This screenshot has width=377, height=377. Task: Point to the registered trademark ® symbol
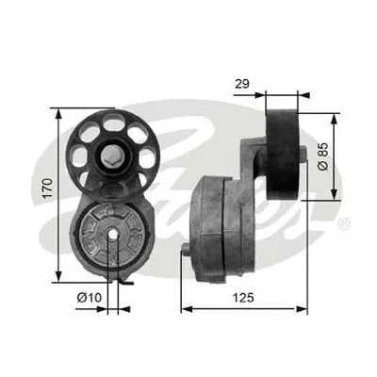coord(344,223)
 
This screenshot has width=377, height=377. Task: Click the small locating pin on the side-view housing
coord(183,251)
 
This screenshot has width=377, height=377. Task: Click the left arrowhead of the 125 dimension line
coord(184,307)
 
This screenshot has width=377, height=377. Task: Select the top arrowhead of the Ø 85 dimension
coord(334,116)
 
